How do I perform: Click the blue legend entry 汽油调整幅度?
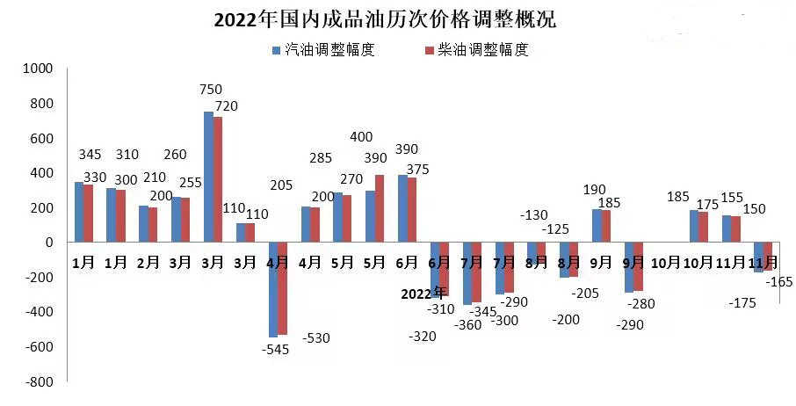324,50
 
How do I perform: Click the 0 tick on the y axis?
49,243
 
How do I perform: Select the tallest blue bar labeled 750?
209,177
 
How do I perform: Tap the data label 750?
211,90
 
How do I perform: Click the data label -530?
316,337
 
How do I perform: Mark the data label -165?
780,281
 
